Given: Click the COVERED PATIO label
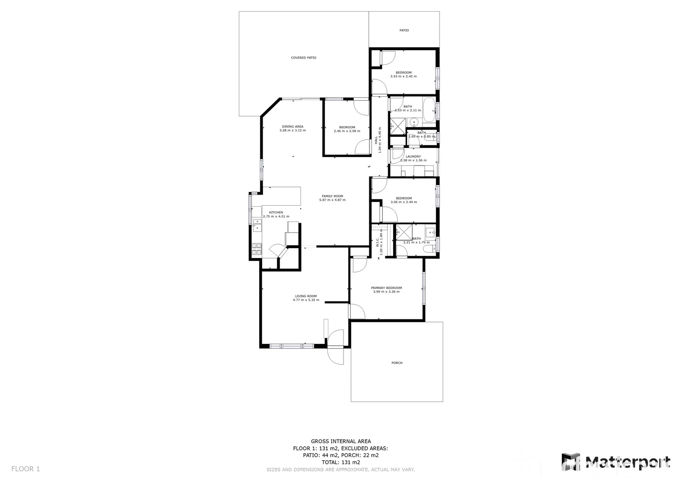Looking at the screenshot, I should coord(303,58).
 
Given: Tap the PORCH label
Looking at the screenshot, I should coord(397,363).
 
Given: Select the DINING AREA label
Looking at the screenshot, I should coord(293,127).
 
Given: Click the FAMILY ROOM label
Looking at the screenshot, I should coord(332,196).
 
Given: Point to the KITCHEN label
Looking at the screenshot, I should coord(276,212).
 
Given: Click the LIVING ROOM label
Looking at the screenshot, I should coord(306,296).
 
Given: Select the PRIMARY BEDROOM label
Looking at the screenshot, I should coord(386,288).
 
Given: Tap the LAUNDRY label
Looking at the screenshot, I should coord(413,157).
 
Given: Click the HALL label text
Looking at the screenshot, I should coord(376,140).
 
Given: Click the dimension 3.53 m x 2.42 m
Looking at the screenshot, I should coord(403,76).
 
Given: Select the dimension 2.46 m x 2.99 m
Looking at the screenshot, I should coord(347,131).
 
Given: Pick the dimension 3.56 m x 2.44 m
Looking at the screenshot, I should coord(403,202).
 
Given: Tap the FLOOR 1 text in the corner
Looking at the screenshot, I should coord(25,469).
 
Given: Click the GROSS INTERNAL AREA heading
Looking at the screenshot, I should coord(341,441).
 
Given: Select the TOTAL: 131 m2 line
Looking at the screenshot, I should coord(341,462).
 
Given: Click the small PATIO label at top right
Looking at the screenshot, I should coord(404,30).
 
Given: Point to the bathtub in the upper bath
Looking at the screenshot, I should coord(429,110).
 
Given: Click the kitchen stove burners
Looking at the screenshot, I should coord(257,249).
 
